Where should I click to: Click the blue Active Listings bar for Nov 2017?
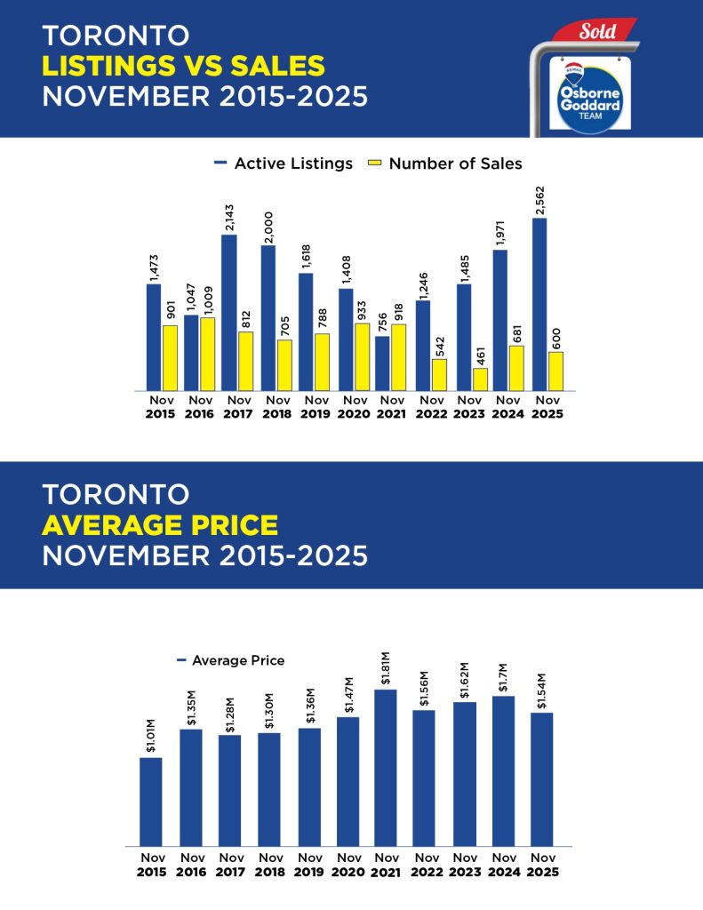point(228,312)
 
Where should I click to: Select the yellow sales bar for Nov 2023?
point(480,379)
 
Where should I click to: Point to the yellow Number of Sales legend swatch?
point(375,164)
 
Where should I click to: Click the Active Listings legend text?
point(293,164)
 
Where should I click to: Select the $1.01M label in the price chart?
point(151,738)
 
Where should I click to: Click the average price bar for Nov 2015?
point(151,802)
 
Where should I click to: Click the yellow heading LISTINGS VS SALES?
point(183,66)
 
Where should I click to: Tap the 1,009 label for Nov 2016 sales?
point(207,298)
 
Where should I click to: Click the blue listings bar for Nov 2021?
point(382,363)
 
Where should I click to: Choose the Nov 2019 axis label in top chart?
point(308,406)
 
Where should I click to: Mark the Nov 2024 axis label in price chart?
point(503,865)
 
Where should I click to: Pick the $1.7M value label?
point(503,675)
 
